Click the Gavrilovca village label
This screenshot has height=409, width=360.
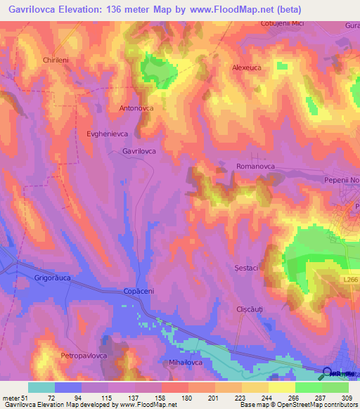[139, 151]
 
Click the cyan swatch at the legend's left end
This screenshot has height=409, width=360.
[41, 387]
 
